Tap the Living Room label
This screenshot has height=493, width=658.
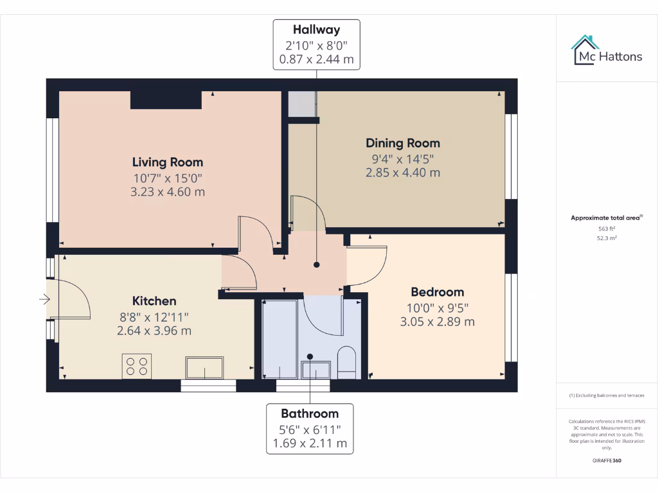[167, 162]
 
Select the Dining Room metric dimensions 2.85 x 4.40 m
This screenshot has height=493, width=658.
[403, 172]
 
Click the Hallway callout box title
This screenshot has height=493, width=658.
[316, 30]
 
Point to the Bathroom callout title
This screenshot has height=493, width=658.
[310, 413]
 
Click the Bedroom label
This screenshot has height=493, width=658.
[437, 292]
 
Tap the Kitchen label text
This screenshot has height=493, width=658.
[154, 301]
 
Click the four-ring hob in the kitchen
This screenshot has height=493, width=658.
[136, 366]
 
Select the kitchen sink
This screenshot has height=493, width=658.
[204, 368]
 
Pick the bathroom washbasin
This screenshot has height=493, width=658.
[316, 370]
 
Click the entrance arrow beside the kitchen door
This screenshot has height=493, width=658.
[44, 299]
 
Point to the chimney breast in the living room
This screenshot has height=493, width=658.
[166, 99]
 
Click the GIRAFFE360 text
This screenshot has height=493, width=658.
[606, 460]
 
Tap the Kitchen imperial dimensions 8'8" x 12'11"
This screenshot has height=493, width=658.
[154, 316]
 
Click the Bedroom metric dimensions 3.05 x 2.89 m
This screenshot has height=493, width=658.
[437, 322]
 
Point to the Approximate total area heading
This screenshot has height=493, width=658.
[605, 218]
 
